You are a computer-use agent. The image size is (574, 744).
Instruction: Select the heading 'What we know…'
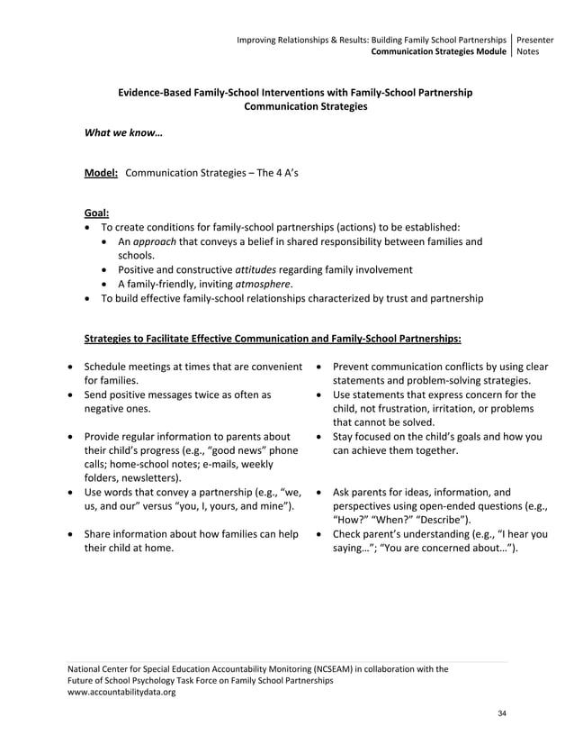[x=123, y=132]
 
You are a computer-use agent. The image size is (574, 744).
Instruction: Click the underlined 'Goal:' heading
[x=96, y=213]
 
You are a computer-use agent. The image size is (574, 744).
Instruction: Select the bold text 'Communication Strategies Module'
[x=439, y=52]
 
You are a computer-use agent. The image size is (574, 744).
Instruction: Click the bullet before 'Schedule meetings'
[x=72, y=367]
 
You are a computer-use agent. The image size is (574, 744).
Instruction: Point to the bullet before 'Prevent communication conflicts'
[x=320, y=367]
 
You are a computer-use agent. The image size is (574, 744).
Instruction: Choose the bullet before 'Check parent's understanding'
[x=320, y=534]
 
